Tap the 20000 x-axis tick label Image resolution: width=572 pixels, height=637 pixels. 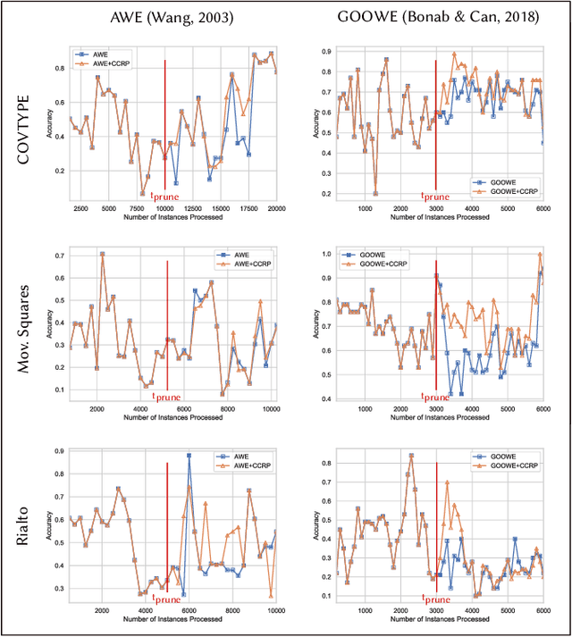click(268, 208)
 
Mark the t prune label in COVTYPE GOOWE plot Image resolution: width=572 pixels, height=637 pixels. click(435, 196)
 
